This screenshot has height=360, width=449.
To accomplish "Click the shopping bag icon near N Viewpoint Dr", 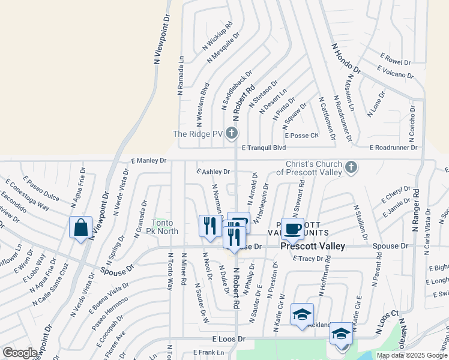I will click(80, 228).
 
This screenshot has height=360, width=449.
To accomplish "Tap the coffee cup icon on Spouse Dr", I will click(292, 229).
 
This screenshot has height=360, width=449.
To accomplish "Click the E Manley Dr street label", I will click(148, 160).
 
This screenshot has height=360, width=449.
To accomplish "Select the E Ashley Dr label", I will click(213, 172).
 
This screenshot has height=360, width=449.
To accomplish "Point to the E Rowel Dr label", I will click(395, 59).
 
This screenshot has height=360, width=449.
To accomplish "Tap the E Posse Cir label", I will click(302, 136).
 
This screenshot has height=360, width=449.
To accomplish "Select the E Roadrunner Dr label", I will click(394, 147).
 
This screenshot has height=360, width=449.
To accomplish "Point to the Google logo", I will click(20, 353).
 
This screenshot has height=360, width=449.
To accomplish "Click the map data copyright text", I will click(411, 355).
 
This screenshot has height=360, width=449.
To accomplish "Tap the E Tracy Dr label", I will click(308, 259).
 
